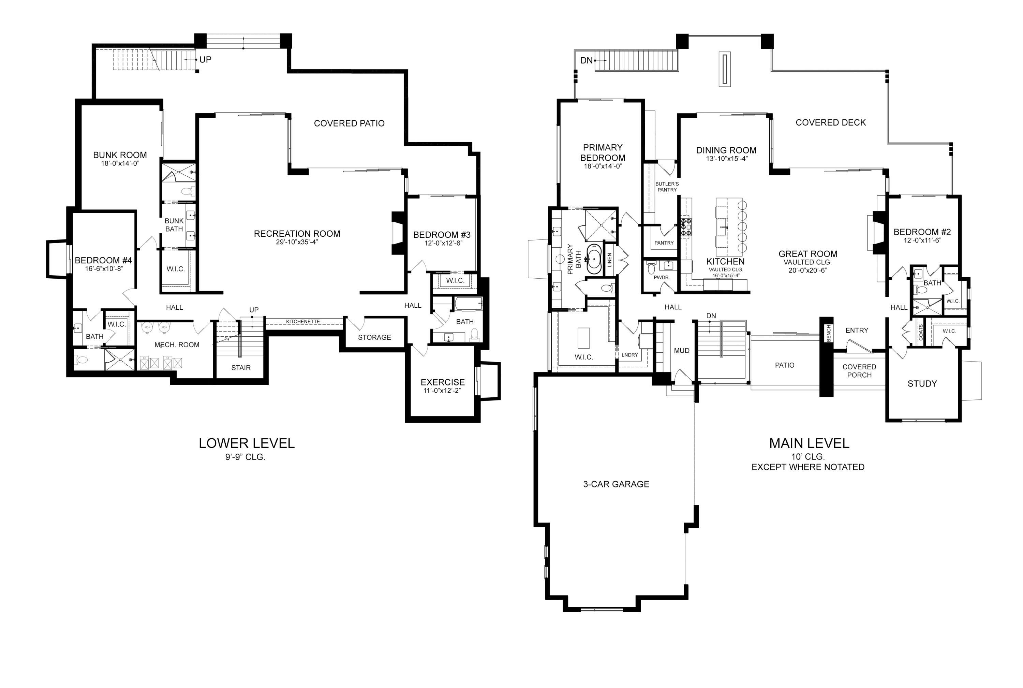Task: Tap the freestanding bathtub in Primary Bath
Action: click(594, 259)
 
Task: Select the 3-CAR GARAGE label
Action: click(616, 484)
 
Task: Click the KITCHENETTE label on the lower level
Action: click(303, 322)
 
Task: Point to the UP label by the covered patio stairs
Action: click(205, 60)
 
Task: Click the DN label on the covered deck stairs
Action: click(587, 61)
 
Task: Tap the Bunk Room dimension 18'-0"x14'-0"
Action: click(120, 164)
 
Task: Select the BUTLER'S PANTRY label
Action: click(667, 187)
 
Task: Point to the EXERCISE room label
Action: click(443, 382)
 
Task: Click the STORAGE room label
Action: click(374, 337)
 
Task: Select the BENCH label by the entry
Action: click(829, 334)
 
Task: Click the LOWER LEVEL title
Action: click(247, 443)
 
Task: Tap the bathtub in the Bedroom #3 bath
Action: click(468, 304)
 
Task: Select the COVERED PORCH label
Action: click(859, 371)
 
